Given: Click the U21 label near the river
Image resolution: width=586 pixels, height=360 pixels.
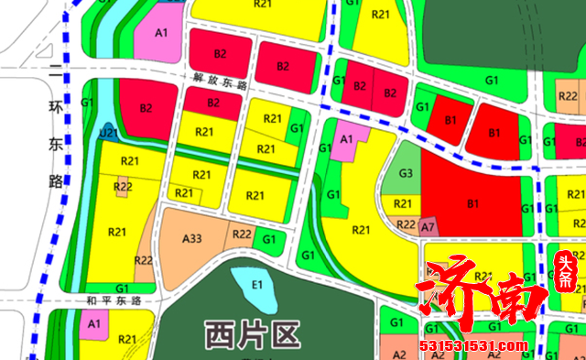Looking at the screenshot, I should [110, 134].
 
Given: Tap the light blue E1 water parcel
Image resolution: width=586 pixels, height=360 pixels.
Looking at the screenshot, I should [257, 285].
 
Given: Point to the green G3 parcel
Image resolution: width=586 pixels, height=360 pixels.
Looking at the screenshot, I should [406, 173].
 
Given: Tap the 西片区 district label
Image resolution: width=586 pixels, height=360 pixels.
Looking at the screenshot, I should [252, 333].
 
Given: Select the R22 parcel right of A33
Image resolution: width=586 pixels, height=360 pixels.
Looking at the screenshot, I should [242, 235].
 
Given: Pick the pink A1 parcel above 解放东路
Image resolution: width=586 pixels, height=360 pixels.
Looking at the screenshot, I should [161, 33].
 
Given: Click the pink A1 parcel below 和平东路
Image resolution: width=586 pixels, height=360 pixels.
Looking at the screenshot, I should [93, 324].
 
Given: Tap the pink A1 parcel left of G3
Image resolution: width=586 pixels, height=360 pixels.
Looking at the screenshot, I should [347, 139].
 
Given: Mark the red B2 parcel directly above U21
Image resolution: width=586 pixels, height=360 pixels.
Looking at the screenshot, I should [146, 107].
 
